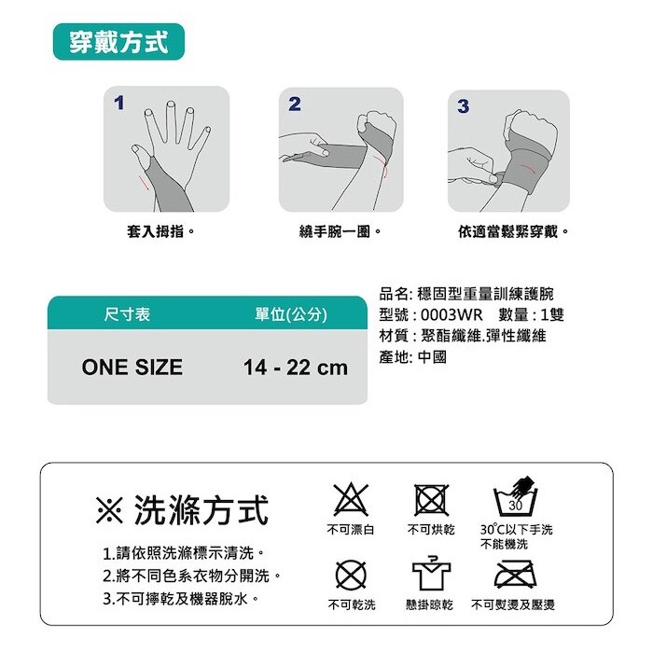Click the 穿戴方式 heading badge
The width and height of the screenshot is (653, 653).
point(118,42)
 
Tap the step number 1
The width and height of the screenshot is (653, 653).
point(119,103)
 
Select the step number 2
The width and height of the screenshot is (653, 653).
point(295,104)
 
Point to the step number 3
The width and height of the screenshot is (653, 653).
point(463,106)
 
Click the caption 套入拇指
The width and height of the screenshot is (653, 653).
point(160,231)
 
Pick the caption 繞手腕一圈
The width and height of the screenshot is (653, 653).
point(340,231)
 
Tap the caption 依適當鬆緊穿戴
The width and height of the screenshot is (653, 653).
point(513,231)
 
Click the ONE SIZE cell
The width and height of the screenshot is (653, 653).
point(132,368)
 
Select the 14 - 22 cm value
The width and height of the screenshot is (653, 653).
point(296,368)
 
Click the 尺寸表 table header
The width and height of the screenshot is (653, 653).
point(127,314)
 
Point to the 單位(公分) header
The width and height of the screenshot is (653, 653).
point(291,314)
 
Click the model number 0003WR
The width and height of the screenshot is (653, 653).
point(452,314)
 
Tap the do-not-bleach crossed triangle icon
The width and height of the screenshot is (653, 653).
point(351,500)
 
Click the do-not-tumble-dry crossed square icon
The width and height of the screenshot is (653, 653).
point(431,500)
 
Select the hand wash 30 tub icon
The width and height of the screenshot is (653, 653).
point(515,497)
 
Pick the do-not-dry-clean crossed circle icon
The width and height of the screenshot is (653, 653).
point(351,576)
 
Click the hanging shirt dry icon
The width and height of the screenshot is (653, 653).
point(431,574)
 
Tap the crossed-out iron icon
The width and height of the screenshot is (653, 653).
point(516,575)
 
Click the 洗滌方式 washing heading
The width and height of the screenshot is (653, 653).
point(182,510)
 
